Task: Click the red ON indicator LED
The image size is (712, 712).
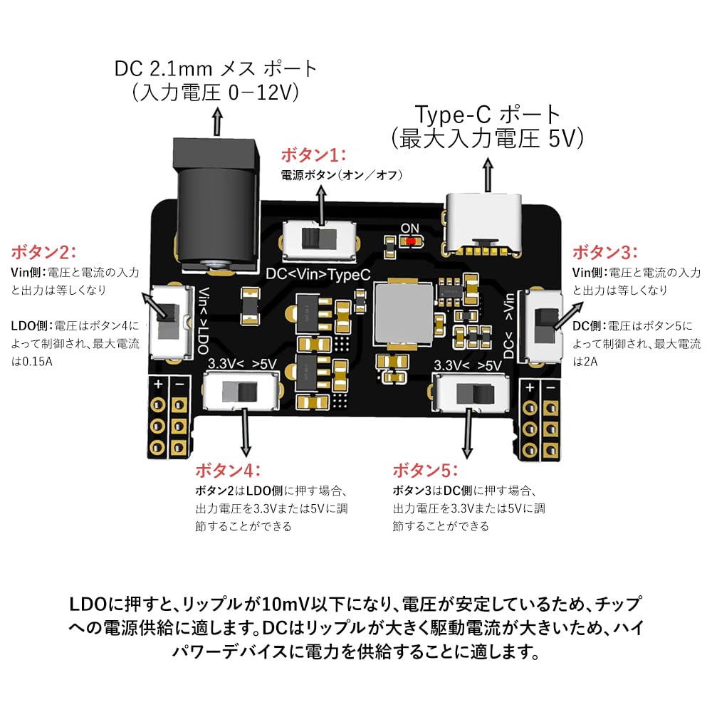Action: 411,241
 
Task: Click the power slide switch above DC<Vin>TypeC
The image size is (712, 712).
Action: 319,239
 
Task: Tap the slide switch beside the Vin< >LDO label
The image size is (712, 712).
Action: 169,320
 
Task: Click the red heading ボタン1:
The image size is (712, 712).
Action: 313,155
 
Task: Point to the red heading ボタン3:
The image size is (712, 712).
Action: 605,252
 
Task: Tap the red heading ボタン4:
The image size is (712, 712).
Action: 228,471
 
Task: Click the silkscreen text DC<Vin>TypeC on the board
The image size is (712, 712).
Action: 318,274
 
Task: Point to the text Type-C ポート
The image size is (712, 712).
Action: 488,114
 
